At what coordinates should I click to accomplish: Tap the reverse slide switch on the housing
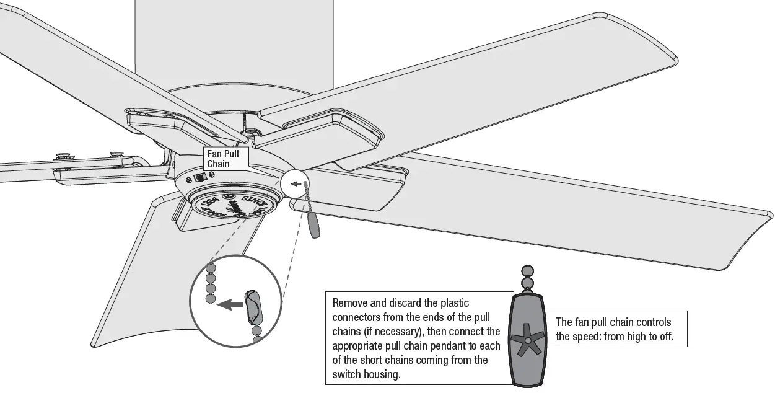[199, 177]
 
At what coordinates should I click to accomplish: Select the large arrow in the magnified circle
[230, 304]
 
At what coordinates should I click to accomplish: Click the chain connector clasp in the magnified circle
[254, 307]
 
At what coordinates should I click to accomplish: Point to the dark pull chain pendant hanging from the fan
[315, 226]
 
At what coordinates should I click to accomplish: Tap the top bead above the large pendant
[527, 271]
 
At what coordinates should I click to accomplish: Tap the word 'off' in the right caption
[662, 337]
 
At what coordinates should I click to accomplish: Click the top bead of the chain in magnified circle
[211, 267]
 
